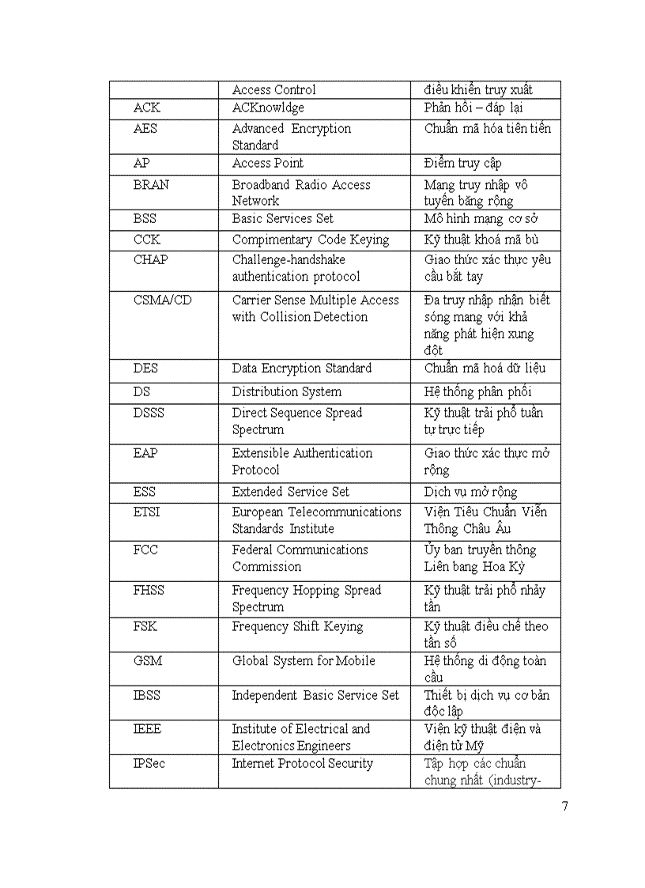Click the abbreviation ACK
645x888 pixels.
[x=147, y=108]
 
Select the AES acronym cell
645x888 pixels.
[x=145, y=128]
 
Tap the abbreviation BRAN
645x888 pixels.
[x=151, y=184]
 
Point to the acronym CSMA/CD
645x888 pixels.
[x=162, y=300]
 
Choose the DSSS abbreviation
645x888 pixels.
[x=149, y=413]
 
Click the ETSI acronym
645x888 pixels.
[x=146, y=512]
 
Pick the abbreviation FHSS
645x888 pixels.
[x=149, y=590]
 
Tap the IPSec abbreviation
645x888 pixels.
[x=149, y=764]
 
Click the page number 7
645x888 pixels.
[x=564, y=807]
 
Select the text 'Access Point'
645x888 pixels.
[x=268, y=163]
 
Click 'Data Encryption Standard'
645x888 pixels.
[x=301, y=368]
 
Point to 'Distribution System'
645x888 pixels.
[x=287, y=391]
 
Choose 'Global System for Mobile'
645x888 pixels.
[x=304, y=661]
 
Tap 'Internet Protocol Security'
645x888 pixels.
[x=302, y=764]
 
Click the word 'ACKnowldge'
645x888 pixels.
[x=268, y=108]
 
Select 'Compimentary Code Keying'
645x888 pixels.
[x=311, y=240]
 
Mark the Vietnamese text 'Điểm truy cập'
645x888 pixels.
[x=462, y=163]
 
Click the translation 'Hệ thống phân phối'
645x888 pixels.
[x=477, y=391]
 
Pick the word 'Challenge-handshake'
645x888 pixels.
[x=289, y=259]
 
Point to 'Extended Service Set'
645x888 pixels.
[x=291, y=492]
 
